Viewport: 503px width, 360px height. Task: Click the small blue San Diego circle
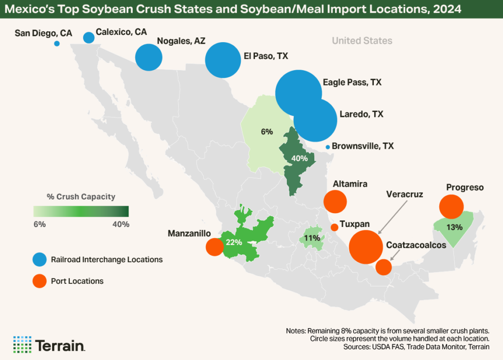click(x=57, y=44)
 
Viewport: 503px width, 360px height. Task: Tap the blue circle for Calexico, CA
click(x=89, y=37)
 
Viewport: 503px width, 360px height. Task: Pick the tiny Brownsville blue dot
click(x=328, y=147)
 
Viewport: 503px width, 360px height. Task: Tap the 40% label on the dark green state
click(x=299, y=159)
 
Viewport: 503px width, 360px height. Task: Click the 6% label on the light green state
click(x=267, y=132)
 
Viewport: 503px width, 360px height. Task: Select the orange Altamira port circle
click(x=335, y=201)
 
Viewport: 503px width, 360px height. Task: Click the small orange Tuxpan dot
click(x=335, y=227)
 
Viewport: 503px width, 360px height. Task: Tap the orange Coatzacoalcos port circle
click(x=383, y=267)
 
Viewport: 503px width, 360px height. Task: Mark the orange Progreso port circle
click(x=450, y=207)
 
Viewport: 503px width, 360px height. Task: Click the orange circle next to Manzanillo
click(x=214, y=247)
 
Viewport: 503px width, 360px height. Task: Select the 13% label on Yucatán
click(x=455, y=227)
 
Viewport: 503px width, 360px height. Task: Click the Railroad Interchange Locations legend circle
click(x=39, y=259)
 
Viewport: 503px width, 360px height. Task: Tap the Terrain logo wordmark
click(x=60, y=345)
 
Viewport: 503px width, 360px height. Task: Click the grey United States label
click(x=362, y=41)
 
